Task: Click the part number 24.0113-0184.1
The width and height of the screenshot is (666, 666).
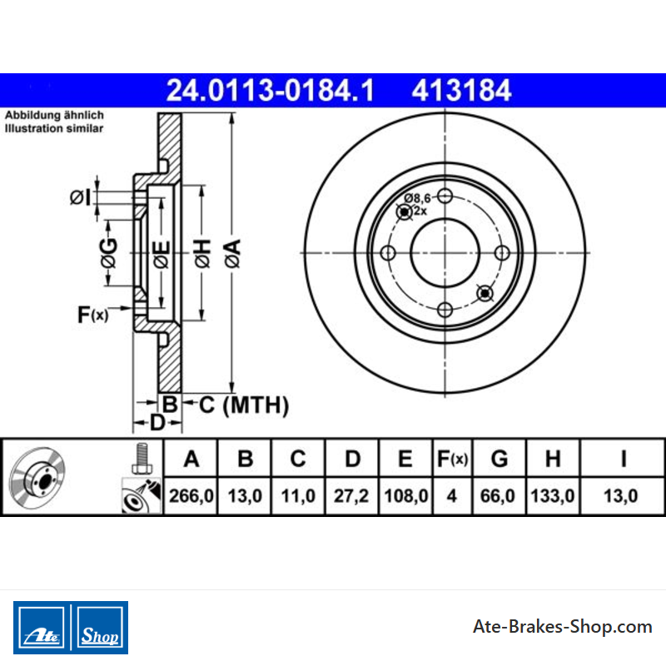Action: pos(270,91)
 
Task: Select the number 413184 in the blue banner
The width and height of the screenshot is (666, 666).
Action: pos(461,91)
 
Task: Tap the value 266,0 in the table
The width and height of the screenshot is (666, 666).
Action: pos(191,495)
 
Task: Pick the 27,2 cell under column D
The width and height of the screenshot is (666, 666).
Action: pos(350,495)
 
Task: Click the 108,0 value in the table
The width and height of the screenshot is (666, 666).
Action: pos(405,495)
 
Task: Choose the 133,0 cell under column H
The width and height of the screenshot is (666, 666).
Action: pos(552,495)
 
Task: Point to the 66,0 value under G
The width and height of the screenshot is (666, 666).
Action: pos(497,495)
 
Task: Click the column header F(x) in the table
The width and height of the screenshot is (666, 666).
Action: pos(452,459)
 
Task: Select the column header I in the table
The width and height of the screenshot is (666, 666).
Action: pos(623,459)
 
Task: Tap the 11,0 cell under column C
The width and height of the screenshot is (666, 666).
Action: pos(298,495)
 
